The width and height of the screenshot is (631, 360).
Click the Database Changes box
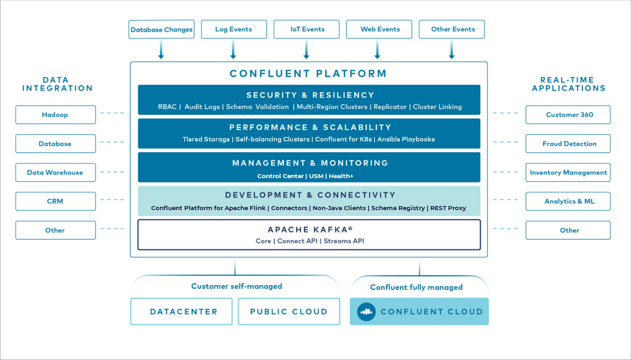tap(161, 29)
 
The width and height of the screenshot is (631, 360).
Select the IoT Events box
tap(307, 29)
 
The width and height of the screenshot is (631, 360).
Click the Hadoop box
tap(55, 115)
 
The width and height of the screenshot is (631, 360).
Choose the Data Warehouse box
tap(55, 173)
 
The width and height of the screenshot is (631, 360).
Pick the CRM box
tap(55, 201)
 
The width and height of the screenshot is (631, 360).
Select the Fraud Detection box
tap(568, 144)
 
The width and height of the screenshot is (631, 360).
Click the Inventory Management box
tap(568, 173)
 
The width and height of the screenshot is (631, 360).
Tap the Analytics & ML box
tap(568, 201)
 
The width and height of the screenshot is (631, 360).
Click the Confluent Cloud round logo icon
tap(366, 312)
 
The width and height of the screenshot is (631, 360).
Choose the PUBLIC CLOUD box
tap(289, 312)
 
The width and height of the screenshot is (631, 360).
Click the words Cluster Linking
tap(437, 107)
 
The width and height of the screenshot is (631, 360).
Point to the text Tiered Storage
tap(206, 139)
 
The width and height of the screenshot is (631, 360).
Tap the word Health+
tap(341, 176)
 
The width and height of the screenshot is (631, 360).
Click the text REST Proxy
tap(448, 208)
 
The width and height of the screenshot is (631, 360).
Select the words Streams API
tap(344, 241)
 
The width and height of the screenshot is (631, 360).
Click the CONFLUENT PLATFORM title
tap(308, 74)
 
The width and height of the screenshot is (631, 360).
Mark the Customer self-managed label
tap(237, 286)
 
